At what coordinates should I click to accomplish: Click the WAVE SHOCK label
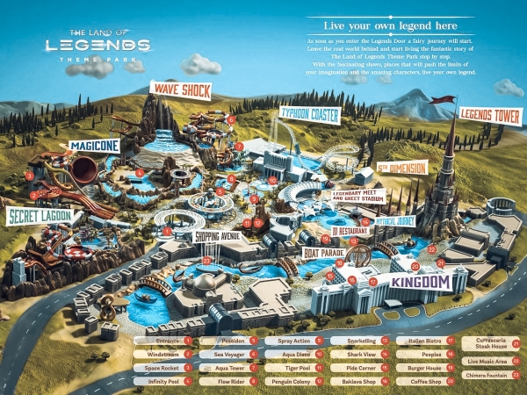[x=182, y=89]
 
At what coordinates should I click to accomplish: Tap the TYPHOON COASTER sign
[x=308, y=113]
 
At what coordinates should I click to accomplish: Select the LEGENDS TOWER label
[x=490, y=114]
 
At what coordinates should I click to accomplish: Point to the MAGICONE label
[x=94, y=146]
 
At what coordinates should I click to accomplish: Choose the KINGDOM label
[x=420, y=282]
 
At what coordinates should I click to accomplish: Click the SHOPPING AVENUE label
[x=216, y=236]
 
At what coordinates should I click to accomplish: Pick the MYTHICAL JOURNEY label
[x=394, y=221]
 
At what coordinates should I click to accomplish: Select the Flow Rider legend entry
[x=227, y=382]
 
